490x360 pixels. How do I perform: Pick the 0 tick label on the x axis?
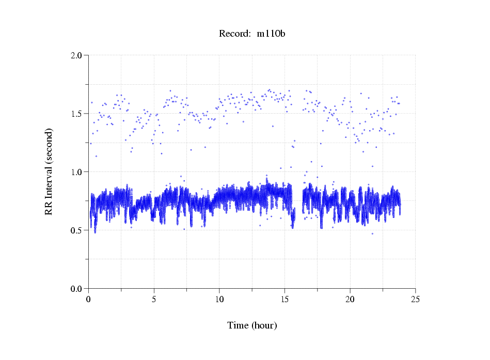pos(89,299)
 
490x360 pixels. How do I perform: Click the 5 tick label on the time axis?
pos(154,299)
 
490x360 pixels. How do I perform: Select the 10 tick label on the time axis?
pos(219,299)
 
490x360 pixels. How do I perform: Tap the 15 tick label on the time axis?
pos(284,299)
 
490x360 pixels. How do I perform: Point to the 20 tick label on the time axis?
pos(350,299)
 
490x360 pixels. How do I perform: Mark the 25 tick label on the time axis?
pos(415,299)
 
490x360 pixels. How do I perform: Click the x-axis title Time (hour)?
pos(252,326)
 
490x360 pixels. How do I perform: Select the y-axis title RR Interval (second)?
pos(49,171)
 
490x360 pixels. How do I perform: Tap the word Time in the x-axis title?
pos(238,326)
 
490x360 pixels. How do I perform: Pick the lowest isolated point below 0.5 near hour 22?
pos(372,233)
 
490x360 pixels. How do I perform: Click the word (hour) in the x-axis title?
pos(264,326)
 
